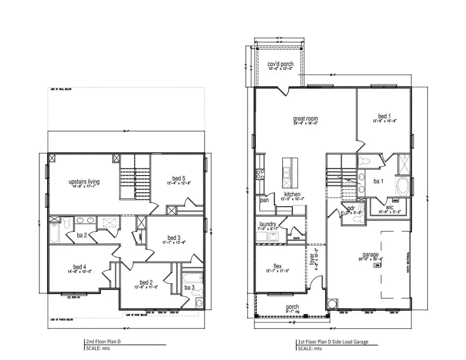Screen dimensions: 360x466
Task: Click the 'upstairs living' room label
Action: click(84, 182)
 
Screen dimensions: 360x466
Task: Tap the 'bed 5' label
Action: click(175, 178)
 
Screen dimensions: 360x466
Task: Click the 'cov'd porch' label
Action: click(280, 64)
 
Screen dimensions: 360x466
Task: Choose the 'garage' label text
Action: click(371, 254)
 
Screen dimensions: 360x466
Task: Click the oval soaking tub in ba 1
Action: click(402, 186)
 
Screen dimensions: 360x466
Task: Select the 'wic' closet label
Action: click(390, 207)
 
